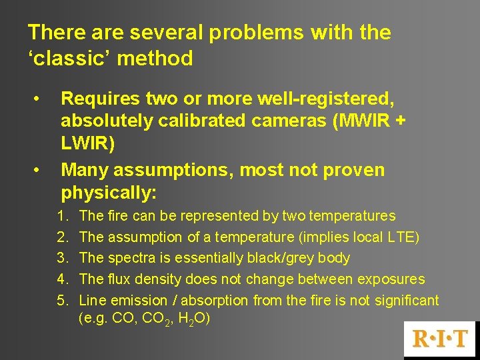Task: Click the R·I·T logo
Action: pyautogui.click(x=441, y=339)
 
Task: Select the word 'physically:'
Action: pyautogui.click(x=109, y=193)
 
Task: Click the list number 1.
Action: pyautogui.click(x=61, y=216)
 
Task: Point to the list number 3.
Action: pyautogui.click(x=61, y=258)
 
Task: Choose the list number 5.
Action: pyautogui.click(x=61, y=301)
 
